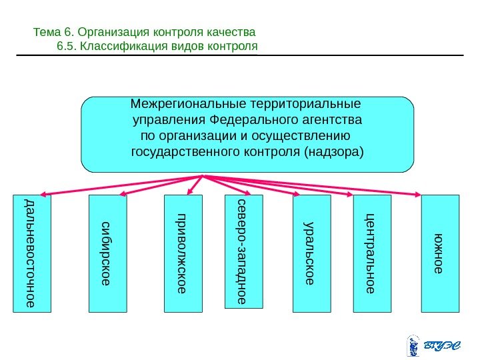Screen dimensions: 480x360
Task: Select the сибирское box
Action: pyautogui.click(x=108, y=253)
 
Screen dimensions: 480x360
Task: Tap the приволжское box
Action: pyautogui.click(x=183, y=253)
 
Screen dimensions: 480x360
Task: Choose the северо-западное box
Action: pyautogui.click(x=244, y=251)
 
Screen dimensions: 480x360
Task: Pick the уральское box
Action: pyautogui.click(x=312, y=253)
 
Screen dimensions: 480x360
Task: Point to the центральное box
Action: pyautogui.click(x=371, y=253)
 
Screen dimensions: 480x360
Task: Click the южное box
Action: pyautogui.click(x=441, y=253)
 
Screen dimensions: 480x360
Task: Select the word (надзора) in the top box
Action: pyautogui.click(x=333, y=152)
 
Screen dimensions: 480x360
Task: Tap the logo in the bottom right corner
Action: pyautogui.click(x=433, y=345)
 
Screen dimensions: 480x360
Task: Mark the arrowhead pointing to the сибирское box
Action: pyautogui.click(x=125, y=195)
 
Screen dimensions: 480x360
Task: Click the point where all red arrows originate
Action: pyautogui.click(x=203, y=176)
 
